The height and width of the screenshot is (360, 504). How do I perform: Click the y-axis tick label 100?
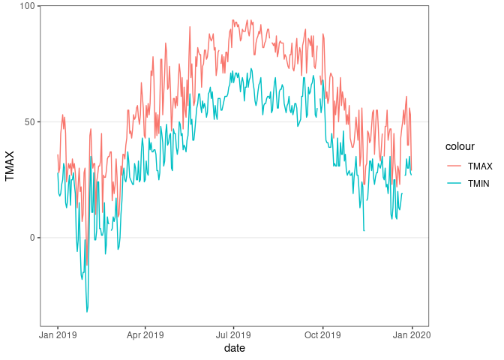coord(27,6)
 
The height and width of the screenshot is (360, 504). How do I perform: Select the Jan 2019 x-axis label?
coord(58,334)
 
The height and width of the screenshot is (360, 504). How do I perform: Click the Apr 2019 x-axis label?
coord(145,334)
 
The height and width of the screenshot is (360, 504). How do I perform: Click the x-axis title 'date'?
coord(234,349)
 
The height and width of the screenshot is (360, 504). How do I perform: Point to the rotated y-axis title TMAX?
coord(10,166)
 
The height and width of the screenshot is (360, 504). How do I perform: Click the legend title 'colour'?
coord(459,146)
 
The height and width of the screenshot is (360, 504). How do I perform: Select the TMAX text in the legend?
coord(480,166)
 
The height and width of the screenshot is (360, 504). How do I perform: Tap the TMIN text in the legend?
coord(479,183)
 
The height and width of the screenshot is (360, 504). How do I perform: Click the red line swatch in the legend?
coord(454,166)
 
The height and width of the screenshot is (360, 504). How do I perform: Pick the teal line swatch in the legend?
coord(454,183)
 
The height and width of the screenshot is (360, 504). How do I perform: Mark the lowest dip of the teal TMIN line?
coord(87,311)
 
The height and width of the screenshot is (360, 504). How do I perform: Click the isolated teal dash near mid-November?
coord(364,230)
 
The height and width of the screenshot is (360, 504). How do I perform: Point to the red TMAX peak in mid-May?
coord(190,28)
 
